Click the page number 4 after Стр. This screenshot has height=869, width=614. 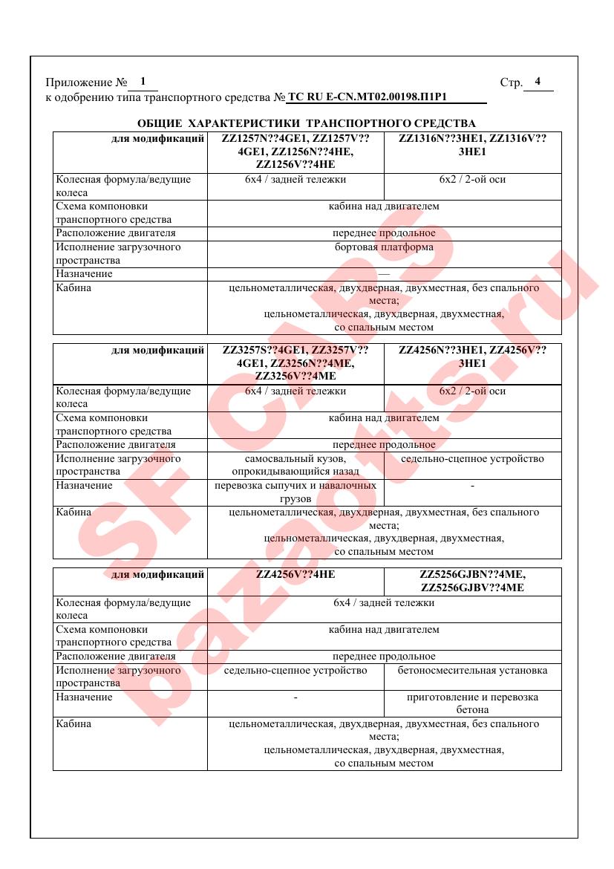pyautogui.click(x=538, y=82)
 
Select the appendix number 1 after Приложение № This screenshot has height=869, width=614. pyautogui.click(x=143, y=82)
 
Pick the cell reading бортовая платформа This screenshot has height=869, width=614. pyautogui.click(x=384, y=247)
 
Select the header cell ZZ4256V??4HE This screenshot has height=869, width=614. pyautogui.click(x=295, y=574)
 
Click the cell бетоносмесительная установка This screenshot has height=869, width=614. pyautogui.click(x=472, y=671)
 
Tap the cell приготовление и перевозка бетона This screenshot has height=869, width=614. pyautogui.click(x=472, y=703)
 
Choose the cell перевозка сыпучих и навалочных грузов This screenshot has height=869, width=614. pyautogui.click(x=295, y=492)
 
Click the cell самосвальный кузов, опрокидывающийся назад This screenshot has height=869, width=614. pyautogui.click(x=295, y=465)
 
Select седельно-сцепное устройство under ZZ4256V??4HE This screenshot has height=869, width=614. pyautogui.click(x=295, y=671)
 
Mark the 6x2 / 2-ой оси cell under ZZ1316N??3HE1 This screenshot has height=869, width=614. pyautogui.click(x=472, y=180)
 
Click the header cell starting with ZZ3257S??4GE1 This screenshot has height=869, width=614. pyautogui.click(x=295, y=362)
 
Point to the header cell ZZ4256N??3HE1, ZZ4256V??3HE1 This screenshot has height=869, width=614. pyautogui.click(x=472, y=357)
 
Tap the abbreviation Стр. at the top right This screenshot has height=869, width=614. pyautogui.click(x=512, y=82)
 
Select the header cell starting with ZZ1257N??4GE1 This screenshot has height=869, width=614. pyautogui.click(x=295, y=152)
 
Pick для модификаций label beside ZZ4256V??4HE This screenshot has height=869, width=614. pyautogui.click(x=157, y=574)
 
